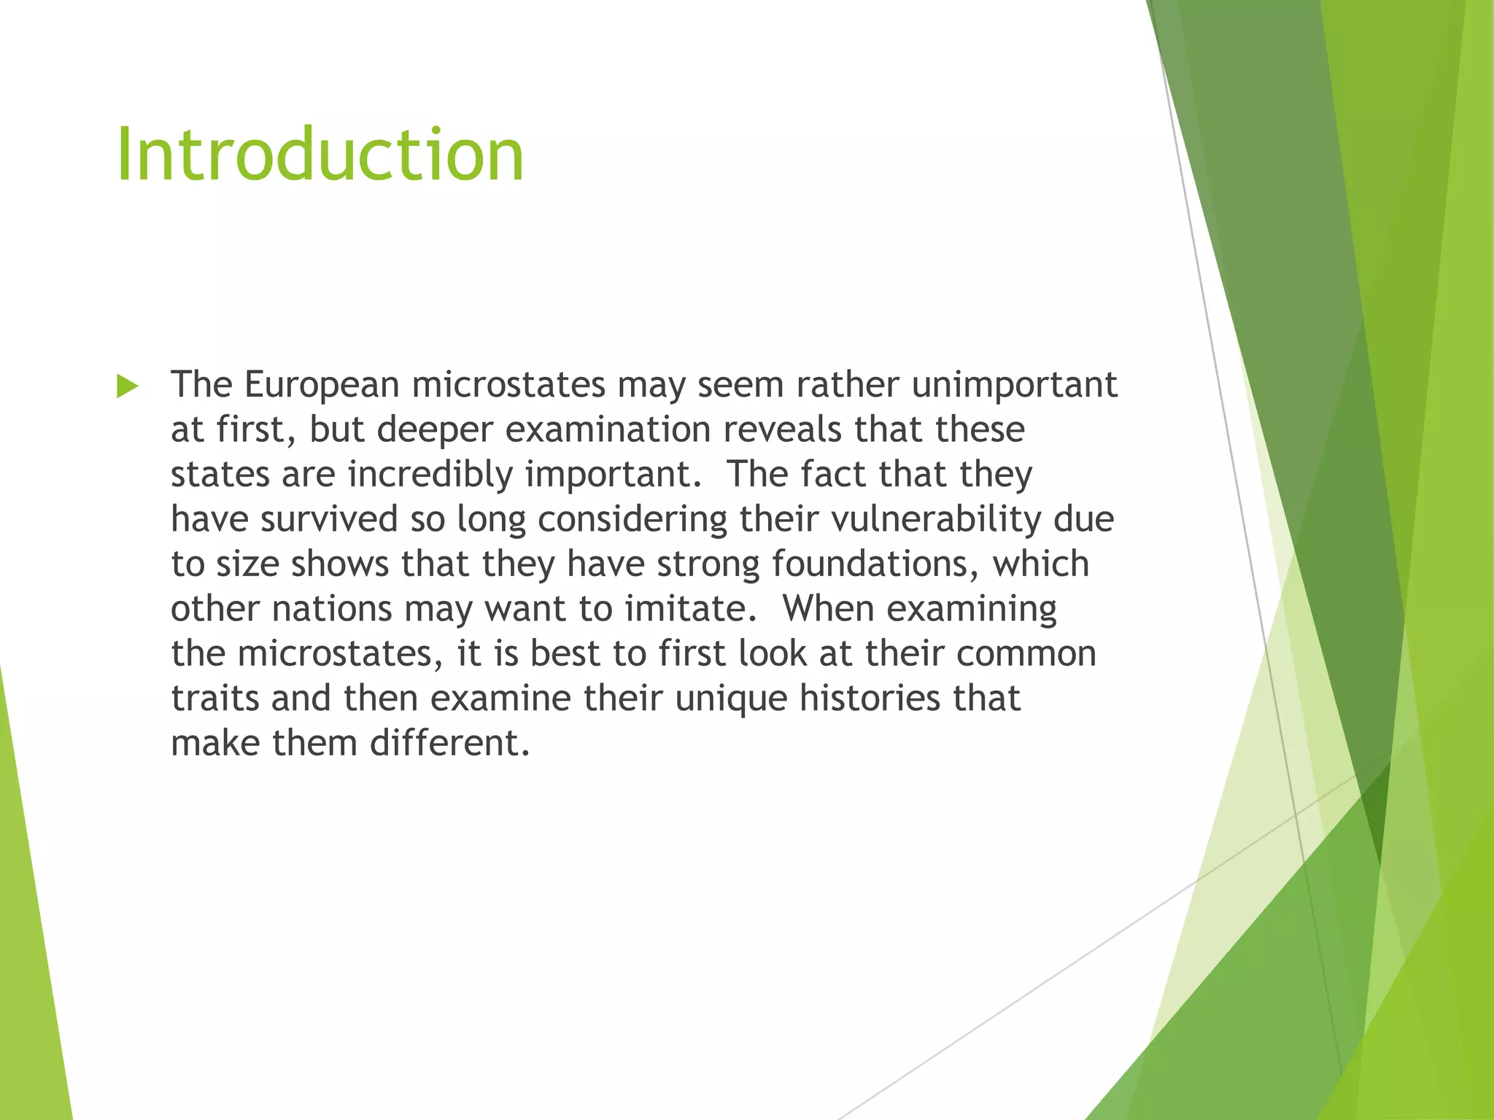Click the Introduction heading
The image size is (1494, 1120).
click(x=320, y=155)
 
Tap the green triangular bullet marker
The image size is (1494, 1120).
click(x=127, y=386)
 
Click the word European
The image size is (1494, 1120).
click(x=321, y=385)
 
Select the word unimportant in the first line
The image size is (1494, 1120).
click(x=1014, y=385)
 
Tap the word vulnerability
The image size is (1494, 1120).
click(x=936, y=519)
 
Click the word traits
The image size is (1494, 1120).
click(x=215, y=699)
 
